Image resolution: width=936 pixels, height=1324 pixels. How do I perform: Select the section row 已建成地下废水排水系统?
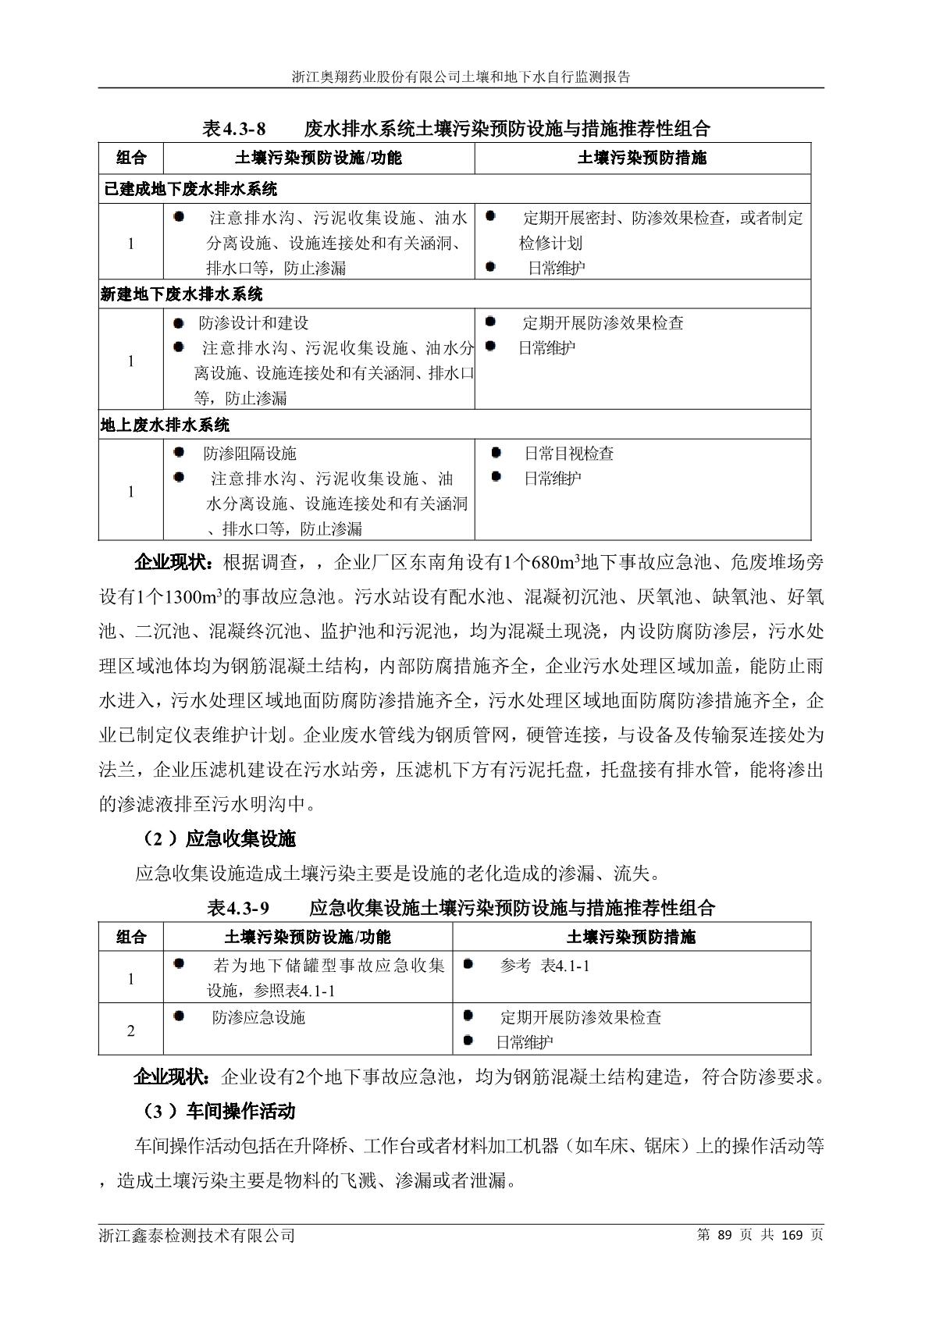pyautogui.click(x=189, y=189)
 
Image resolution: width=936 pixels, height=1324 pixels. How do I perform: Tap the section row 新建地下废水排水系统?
pyautogui.click(x=182, y=294)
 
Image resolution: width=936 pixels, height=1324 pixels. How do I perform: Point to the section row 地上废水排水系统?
pyautogui.click(x=165, y=425)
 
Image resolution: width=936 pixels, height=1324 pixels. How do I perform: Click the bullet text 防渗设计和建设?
pyautogui.click(x=254, y=323)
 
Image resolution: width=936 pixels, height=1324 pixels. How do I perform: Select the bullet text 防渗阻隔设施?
pyautogui.click(x=250, y=454)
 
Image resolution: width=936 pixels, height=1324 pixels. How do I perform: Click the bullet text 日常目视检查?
pyautogui.click(x=568, y=454)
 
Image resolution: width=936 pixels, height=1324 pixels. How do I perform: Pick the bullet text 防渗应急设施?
pyautogui.click(x=258, y=1018)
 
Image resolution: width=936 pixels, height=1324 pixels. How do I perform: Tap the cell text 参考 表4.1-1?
pyautogui.click(x=545, y=966)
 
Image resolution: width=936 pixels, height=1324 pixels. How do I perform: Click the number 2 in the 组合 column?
pyautogui.click(x=131, y=1031)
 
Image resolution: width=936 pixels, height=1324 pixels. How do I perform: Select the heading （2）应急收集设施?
pyautogui.click(x=217, y=839)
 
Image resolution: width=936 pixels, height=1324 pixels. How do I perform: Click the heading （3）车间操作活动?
pyautogui.click(x=217, y=1111)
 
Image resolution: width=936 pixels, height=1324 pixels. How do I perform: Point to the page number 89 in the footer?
pyautogui.click(x=726, y=1235)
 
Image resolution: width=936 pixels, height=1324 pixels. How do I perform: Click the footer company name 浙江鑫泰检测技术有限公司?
pyautogui.click(x=197, y=1236)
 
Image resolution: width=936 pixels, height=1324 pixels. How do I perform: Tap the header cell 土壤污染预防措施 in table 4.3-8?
pyautogui.click(x=642, y=158)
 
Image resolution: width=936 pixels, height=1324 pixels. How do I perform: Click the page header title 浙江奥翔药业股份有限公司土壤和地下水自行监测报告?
pyautogui.click(x=461, y=77)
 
